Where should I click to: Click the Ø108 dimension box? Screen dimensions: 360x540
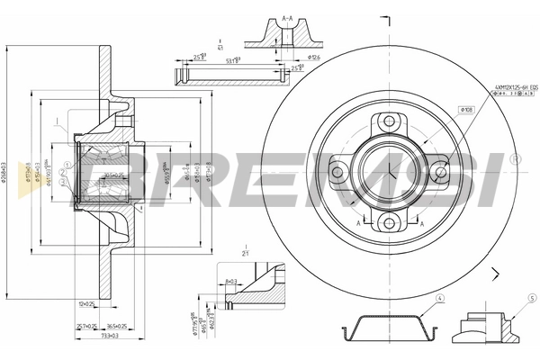[x=466, y=110]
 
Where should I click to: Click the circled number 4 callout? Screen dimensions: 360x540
[x=440, y=298]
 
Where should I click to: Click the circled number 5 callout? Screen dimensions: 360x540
[x=532, y=298]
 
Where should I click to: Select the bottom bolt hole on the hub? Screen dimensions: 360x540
[x=388, y=222]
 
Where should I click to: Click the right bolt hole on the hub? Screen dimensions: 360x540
[x=439, y=171]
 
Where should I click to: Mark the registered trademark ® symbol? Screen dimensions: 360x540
[x=515, y=158]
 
